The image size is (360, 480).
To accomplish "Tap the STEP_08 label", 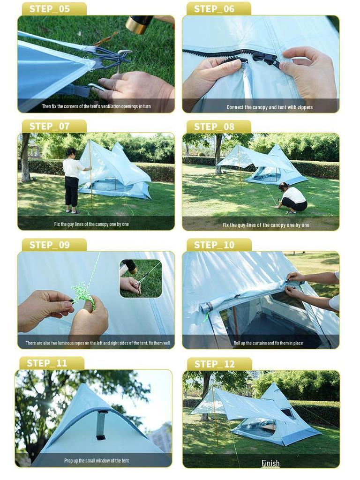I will pyautogui.click(x=214, y=127).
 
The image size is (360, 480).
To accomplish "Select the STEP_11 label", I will pyautogui.click(x=47, y=363).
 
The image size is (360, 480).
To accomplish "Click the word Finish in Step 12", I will pyautogui.click(x=270, y=463).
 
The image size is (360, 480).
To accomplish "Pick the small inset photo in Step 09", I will pyautogui.click(x=141, y=278).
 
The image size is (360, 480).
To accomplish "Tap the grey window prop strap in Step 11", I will pyautogui.click(x=101, y=425).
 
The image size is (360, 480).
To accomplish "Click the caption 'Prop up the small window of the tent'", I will pyautogui.click(x=97, y=461).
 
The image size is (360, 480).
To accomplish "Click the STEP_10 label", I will pyautogui.click(x=214, y=245).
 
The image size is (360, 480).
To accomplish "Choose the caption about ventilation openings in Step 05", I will pyautogui.click(x=97, y=106).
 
